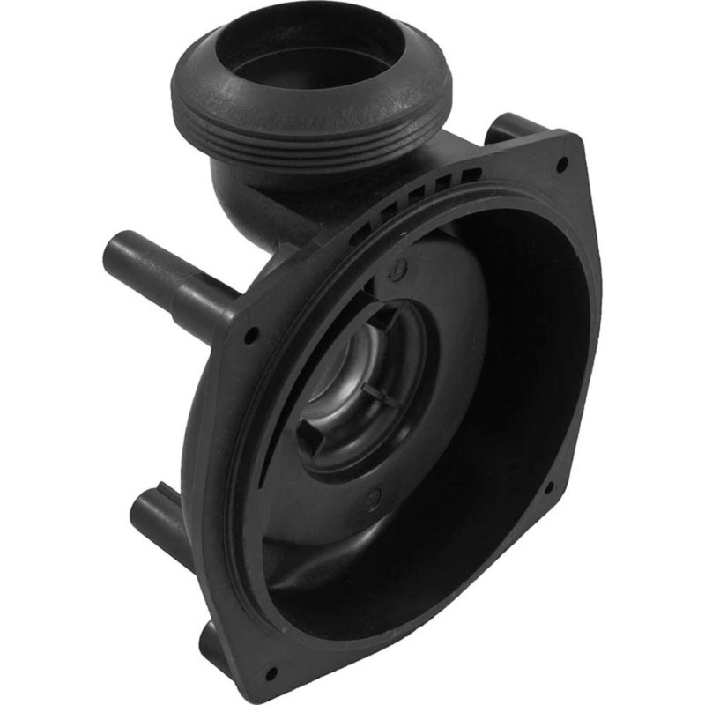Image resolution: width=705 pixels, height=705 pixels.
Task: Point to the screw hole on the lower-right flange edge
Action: coord(548,486)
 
